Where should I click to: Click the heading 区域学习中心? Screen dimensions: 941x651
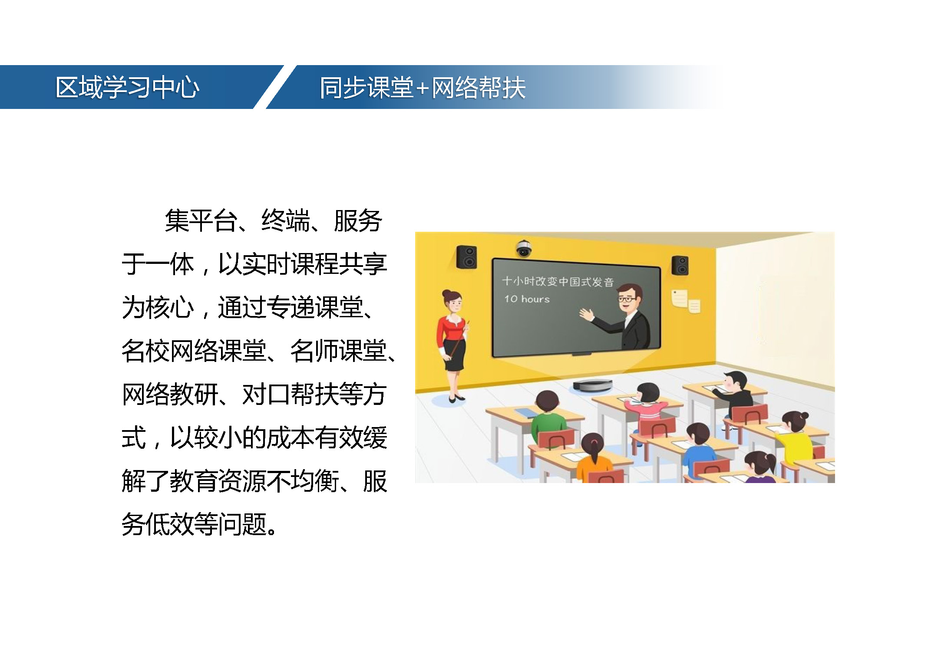pos(127,87)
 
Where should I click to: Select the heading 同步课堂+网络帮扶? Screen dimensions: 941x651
pos(423,87)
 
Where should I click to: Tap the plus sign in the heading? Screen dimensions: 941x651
pos(422,89)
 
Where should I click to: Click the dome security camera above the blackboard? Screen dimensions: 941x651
pos(524,248)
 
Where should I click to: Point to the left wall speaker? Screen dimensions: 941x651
pos(466,256)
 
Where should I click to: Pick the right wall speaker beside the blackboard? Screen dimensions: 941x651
pos(680,265)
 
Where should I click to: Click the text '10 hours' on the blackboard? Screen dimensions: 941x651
pos(527,299)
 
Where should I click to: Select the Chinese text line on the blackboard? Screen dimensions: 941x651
pos(558,281)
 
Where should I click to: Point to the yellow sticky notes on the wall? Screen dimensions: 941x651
pos(686,301)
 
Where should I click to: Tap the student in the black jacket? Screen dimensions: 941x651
pos(734,392)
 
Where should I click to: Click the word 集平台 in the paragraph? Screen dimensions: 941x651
pos(201,221)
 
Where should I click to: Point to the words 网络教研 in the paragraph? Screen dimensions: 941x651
pos(170,395)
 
